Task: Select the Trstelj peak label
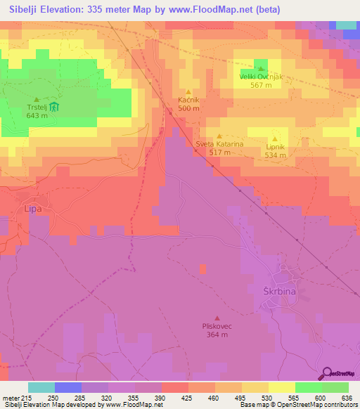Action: [36, 108]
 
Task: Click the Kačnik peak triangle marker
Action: [188, 92]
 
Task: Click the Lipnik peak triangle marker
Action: [275, 138]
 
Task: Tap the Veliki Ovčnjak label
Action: [261, 77]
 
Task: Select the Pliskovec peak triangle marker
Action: [217, 318]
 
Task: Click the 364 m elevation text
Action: [217, 335]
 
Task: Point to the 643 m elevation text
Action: [37, 116]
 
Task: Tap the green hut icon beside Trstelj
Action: [56, 108]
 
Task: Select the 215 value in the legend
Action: [21, 397]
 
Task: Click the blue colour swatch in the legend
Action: [67, 387]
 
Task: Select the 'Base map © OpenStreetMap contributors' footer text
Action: [300, 405]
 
